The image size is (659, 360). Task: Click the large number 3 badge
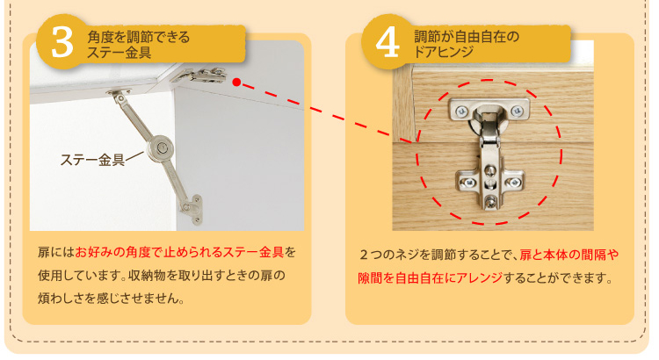tap(62, 42)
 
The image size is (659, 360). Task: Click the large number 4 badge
tap(387, 42)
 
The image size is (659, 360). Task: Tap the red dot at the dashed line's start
tap(236, 82)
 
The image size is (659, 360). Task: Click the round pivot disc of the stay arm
tap(161, 148)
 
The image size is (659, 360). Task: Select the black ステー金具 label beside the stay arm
tap(92, 160)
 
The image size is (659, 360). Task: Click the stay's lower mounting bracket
tap(192, 209)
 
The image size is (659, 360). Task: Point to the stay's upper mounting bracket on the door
tap(119, 93)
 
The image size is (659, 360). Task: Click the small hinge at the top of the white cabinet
tap(199, 76)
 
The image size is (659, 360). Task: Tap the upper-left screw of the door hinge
tap(461, 112)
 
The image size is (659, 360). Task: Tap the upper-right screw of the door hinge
tap(517, 111)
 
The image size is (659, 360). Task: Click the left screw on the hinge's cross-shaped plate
tap(467, 183)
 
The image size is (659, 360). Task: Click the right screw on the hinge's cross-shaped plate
tap(514, 183)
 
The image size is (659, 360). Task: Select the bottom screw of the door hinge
tap(490, 202)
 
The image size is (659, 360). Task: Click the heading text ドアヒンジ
tap(444, 52)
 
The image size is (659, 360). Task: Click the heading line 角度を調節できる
tap(138, 37)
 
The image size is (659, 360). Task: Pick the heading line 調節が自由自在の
tap(467, 37)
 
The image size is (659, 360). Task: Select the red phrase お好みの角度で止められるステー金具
tap(179, 252)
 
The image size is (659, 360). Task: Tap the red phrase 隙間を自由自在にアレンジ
tap(431, 277)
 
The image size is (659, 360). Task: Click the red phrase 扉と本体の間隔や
tap(569, 255)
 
